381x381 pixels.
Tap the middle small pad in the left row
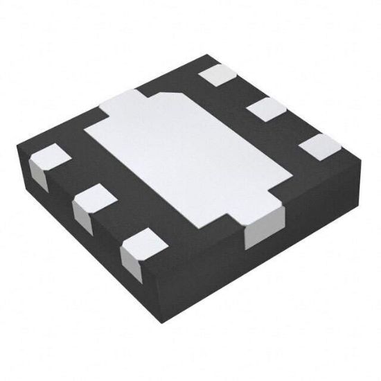pos(94,200)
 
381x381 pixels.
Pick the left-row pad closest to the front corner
pos(143,244)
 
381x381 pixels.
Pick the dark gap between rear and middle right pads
pos(244,91)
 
